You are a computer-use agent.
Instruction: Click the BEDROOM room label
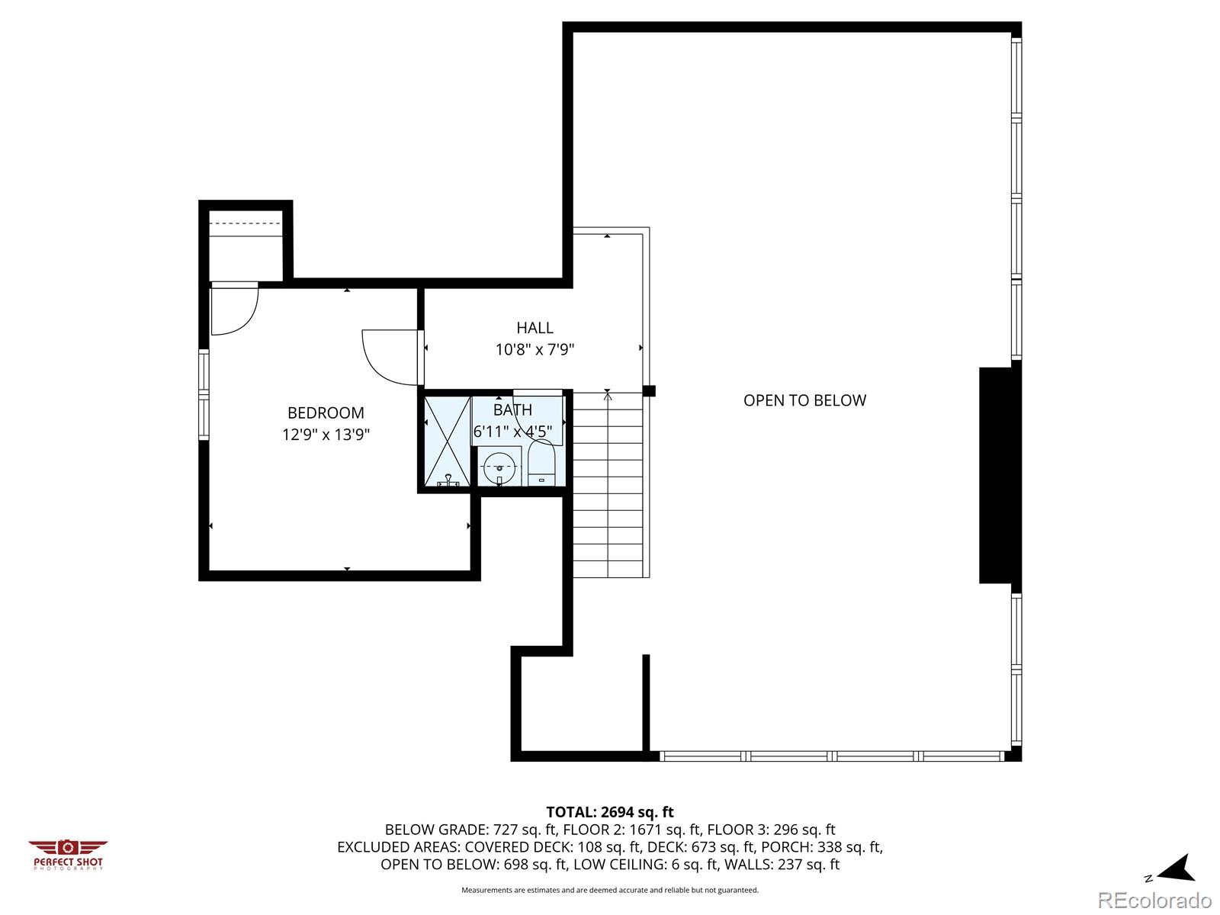pos(326,413)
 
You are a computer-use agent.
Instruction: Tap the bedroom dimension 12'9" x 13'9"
pos(326,435)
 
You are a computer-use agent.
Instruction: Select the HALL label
pos(535,328)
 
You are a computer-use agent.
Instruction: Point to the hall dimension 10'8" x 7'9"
pos(535,350)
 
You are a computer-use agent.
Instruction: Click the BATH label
pos(512,410)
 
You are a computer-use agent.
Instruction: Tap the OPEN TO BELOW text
pos(804,400)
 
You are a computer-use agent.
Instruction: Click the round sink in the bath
pos(499,466)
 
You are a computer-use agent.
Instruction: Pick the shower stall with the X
pos(447,441)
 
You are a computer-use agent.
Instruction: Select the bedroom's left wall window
pos(204,394)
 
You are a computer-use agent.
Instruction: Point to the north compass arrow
pos(1177,868)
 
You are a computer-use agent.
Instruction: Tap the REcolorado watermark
pos(1154,900)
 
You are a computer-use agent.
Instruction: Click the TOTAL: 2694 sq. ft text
pos(609,812)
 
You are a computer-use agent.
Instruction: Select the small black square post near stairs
pos(649,391)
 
